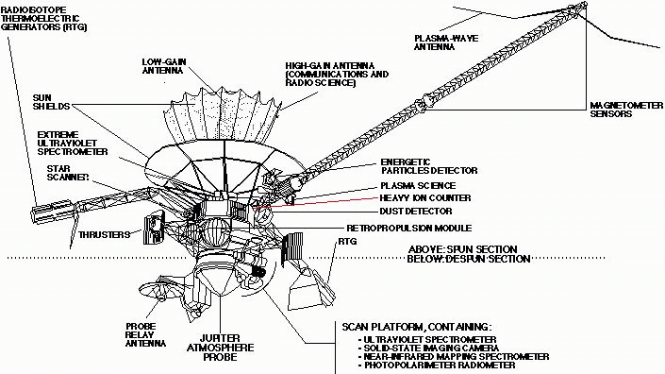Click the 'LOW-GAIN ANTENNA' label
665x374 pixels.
point(164,66)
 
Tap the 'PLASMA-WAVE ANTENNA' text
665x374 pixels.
point(446,42)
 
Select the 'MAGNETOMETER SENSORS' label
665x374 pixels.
point(626,110)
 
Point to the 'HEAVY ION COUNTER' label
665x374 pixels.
point(425,197)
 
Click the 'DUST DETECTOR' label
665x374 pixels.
point(416,211)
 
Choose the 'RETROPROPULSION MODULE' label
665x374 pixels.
point(408,228)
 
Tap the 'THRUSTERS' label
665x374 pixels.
point(104,235)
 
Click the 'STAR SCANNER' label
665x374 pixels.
point(68,173)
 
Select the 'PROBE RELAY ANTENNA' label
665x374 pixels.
point(145,334)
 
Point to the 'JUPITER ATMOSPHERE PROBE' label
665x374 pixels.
point(220,348)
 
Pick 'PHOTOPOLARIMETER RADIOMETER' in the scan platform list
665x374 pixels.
point(437,365)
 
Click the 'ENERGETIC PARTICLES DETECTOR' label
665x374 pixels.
point(429,166)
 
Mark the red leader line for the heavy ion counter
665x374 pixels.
point(315,202)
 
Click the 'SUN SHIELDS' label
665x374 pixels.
point(51,102)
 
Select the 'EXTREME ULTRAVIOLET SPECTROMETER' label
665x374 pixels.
point(73,143)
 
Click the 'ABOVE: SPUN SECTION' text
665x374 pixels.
point(463,249)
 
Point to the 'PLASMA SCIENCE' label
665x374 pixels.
point(418,185)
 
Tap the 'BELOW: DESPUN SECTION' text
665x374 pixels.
point(469,259)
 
